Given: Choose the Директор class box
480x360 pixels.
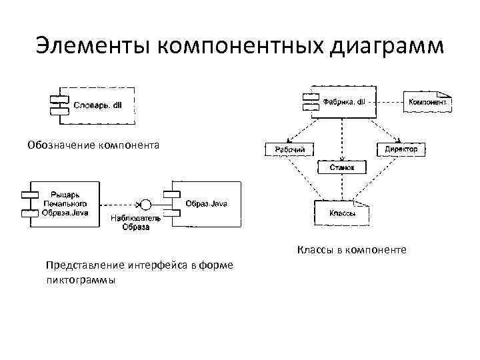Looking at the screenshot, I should [400, 149].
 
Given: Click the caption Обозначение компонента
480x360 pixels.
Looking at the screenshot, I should [93, 144].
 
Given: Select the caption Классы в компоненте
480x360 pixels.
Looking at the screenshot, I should [351, 251].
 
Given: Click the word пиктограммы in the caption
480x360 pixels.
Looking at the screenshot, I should [80, 280].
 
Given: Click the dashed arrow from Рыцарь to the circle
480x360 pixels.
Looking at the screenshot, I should [119, 203].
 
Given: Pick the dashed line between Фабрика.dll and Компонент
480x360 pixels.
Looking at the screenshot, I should [390, 102].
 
